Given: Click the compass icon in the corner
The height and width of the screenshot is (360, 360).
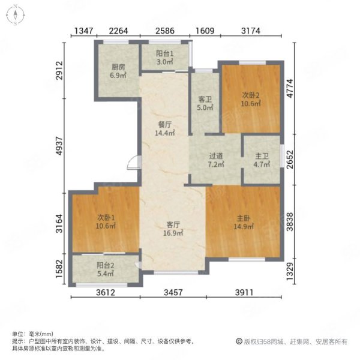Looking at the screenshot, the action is pyautogui.click(x=16, y=15).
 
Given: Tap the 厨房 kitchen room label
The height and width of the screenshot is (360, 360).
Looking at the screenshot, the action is pyautogui.click(x=118, y=67).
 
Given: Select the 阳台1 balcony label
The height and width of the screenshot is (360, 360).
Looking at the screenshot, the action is pyautogui.click(x=165, y=53).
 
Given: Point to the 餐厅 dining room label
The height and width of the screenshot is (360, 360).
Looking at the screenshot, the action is pyautogui.click(x=165, y=125).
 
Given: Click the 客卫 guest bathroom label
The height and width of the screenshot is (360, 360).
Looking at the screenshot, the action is pyautogui.click(x=205, y=100).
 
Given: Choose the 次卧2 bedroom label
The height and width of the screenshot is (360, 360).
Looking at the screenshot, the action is pyautogui.click(x=251, y=95).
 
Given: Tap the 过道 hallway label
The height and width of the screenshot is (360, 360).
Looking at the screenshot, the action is pyautogui.click(x=216, y=156).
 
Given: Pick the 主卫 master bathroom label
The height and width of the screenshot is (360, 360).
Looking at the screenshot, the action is pyautogui.click(x=262, y=156).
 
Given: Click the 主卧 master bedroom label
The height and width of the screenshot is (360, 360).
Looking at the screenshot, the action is pyautogui.click(x=244, y=218).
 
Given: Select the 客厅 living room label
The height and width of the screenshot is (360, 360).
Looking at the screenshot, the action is pyautogui.click(x=173, y=224).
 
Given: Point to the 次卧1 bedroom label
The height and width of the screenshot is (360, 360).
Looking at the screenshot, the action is pyautogui.click(x=106, y=217).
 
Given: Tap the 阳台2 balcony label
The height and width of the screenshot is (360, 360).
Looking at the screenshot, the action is pyautogui.click(x=106, y=266).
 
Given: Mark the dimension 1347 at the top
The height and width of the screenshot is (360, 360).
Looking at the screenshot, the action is pyautogui.click(x=84, y=31).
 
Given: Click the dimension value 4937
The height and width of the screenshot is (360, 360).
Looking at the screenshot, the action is pyautogui.click(x=59, y=146).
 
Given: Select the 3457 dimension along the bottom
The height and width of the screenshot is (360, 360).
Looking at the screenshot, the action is pyautogui.click(x=173, y=293).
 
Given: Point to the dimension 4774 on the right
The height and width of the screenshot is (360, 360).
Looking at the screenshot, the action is pyautogui.click(x=290, y=88).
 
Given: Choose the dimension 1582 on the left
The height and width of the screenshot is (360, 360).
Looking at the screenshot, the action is pyautogui.click(x=59, y=269).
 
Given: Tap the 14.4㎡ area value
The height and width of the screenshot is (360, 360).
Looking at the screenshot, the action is pyautogui.click(x=165, y=133).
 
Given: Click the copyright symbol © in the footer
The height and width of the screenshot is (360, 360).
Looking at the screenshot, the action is pyautogui.click(x=239, y=341).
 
